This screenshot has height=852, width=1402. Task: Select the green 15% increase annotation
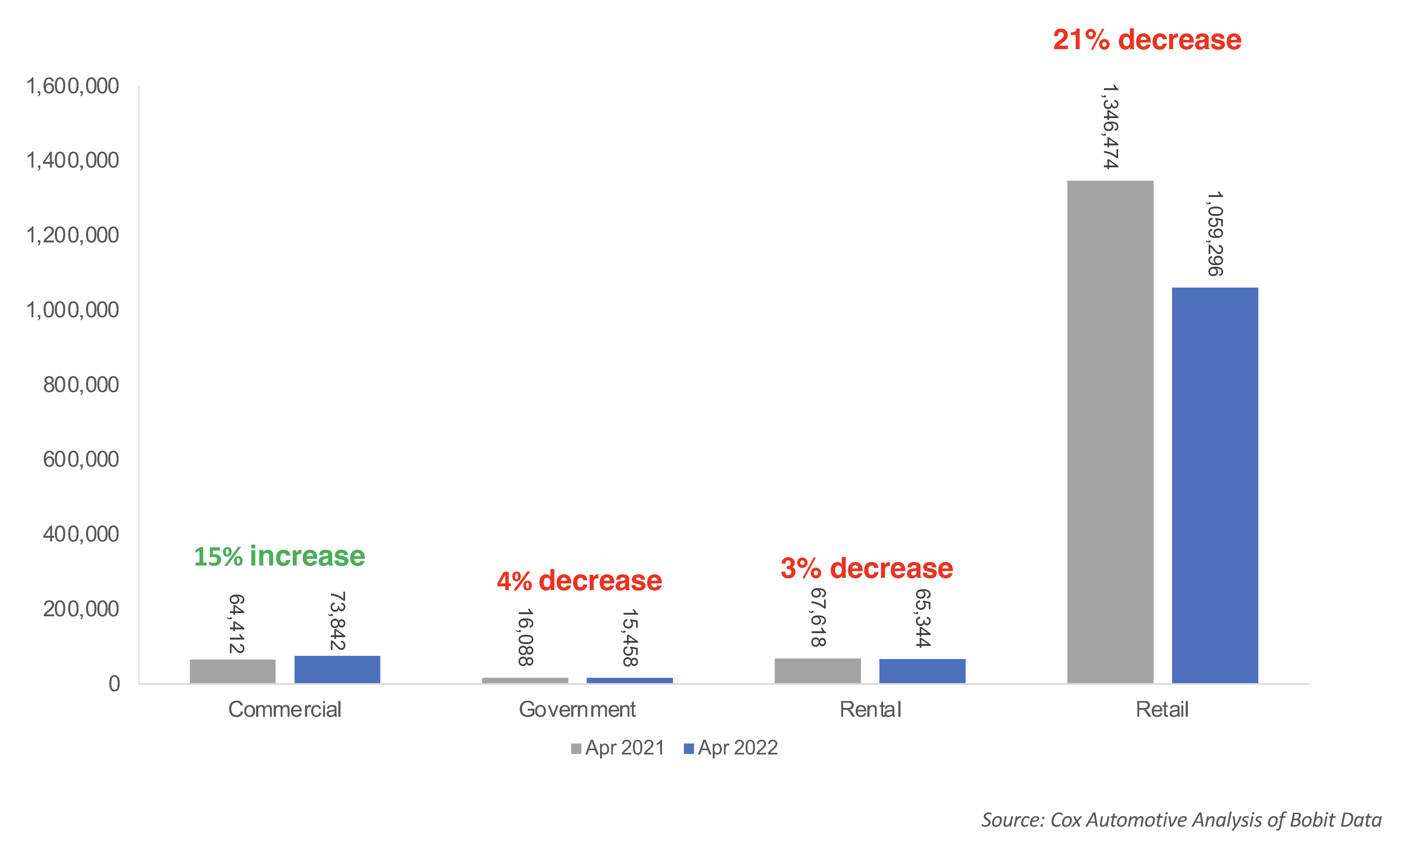pyautogui.click(x=279, y=556)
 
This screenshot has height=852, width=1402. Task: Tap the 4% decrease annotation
pyautogui.click(x=579, y=581)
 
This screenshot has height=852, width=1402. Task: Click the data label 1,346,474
pyautogui.click(x=1110, y=126)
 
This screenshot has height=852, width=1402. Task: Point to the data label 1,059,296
pyautogui.click(x=1215, y=234)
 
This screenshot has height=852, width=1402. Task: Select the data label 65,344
pyautogui.click(x=922, y=618)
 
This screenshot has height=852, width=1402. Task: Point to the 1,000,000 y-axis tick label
pyautogui.click(x=73, y=310)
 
